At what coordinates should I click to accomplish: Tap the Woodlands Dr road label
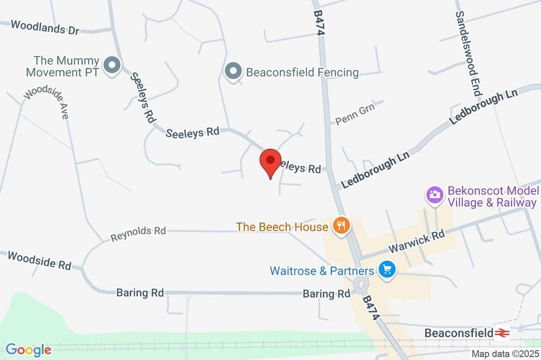click(44, 27)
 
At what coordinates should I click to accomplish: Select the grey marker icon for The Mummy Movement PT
click(112, 66)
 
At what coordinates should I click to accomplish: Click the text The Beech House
click(282, 227)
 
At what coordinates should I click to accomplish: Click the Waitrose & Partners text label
click(322, 271)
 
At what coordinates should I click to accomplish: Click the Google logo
click(28, 349)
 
